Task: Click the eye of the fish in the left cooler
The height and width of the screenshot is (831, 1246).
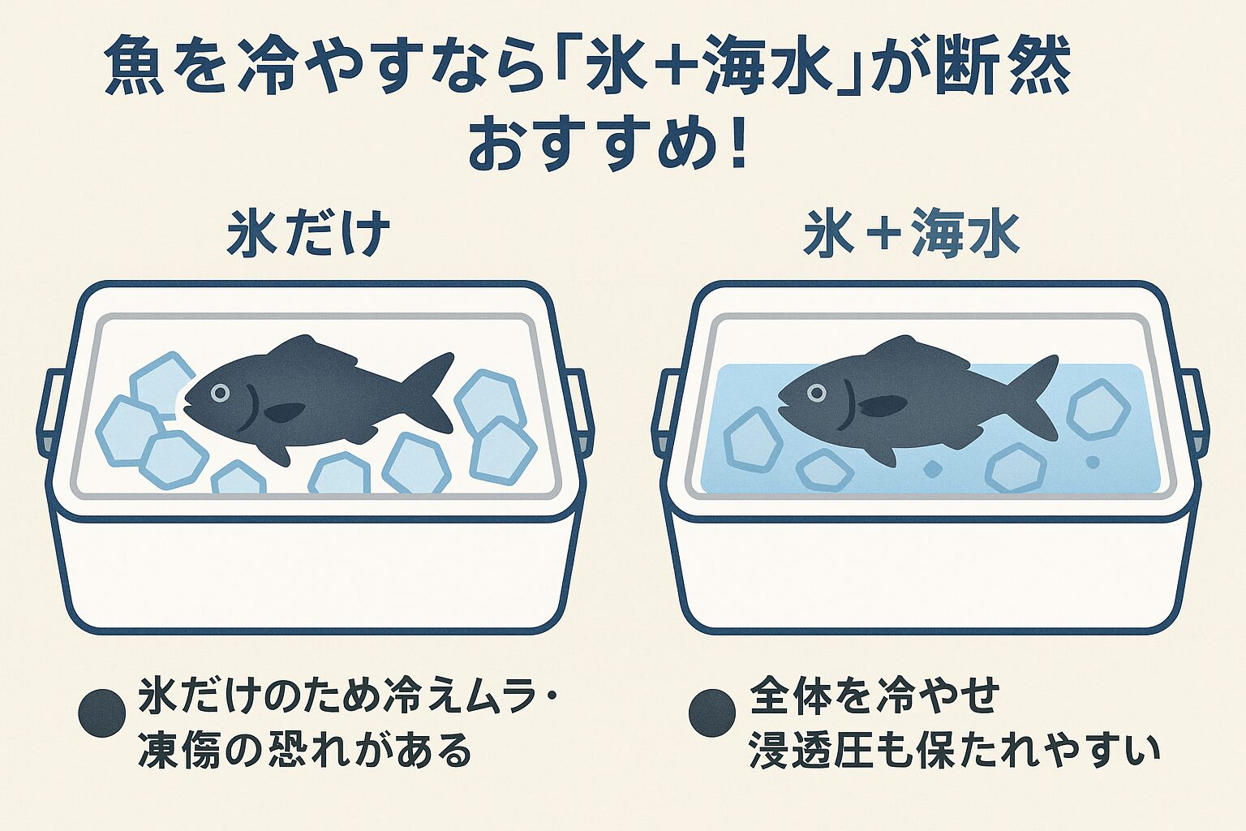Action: point(220,393)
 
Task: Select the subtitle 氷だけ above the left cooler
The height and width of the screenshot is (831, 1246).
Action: point(308,235)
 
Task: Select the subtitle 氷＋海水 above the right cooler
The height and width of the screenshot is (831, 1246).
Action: point(912,235)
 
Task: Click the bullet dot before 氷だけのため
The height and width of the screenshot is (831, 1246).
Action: point(101,713)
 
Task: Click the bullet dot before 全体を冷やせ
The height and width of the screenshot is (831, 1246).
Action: point(711,713)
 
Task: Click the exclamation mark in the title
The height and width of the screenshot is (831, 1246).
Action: point(737,145)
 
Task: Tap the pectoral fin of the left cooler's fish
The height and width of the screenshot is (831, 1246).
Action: point(286,412)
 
